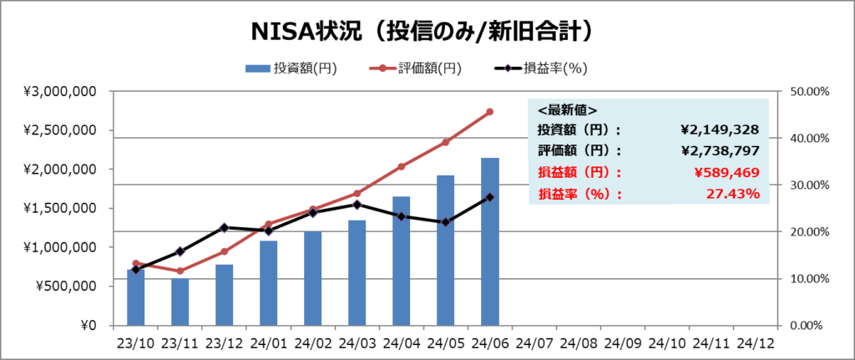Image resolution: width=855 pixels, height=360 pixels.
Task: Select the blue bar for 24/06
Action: pos(490,241)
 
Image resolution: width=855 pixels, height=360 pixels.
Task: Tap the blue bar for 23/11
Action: pos(180,302)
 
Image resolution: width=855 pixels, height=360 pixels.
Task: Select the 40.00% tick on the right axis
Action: pos(807,138)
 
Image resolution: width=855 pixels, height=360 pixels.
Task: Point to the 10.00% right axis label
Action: pos(807,279)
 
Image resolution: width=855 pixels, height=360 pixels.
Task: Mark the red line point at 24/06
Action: pos(490,111)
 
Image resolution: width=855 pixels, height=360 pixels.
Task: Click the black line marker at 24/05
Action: pos(446,222)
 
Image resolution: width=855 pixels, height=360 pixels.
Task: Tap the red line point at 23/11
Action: pos(180,271)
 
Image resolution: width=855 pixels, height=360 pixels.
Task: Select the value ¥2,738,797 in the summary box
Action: pos(720,151)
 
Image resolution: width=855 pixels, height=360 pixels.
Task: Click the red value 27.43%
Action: pos(733,194)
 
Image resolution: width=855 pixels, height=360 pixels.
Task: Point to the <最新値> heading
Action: pos(567,109)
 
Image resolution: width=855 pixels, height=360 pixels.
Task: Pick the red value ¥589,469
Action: pos(726,173)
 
